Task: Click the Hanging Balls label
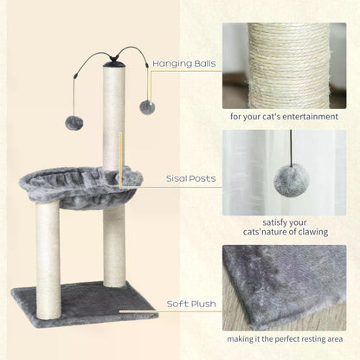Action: [x=183, y=63]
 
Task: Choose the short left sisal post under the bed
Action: [x=48, y=242]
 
